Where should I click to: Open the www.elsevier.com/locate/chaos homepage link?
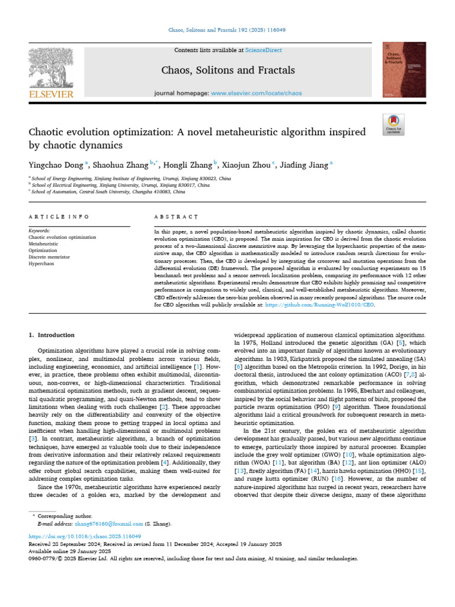(x=254, y=93)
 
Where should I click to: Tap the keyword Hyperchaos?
(x=41, y=263)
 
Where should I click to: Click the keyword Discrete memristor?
(x=50, y=257)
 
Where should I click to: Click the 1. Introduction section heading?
(x=52, y=335)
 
